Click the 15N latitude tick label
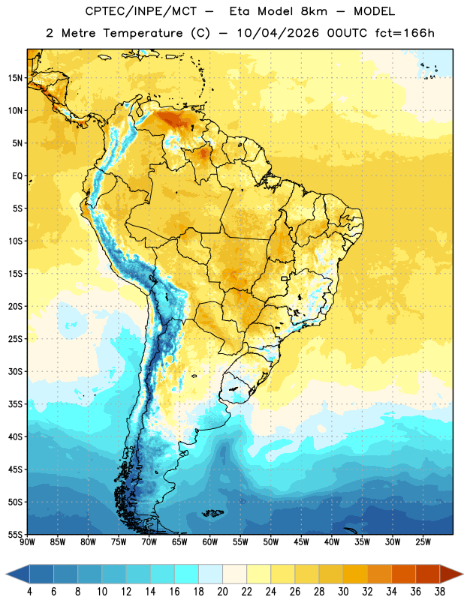point(15,78)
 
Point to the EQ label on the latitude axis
point(17,176)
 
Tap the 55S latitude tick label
point(15,534)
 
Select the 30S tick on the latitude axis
point(15,371)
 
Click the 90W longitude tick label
point(27,541)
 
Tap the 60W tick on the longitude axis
point(210,541)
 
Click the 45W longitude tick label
point(301,541)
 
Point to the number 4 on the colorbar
point(29,592)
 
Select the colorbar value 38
point(439,592)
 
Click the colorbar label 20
point(222,592)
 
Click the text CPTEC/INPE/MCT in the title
point(140,11)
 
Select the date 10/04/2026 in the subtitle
point(278,33)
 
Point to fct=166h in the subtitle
point(405,33)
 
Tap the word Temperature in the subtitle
point(143,33)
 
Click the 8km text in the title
point(314,11)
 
